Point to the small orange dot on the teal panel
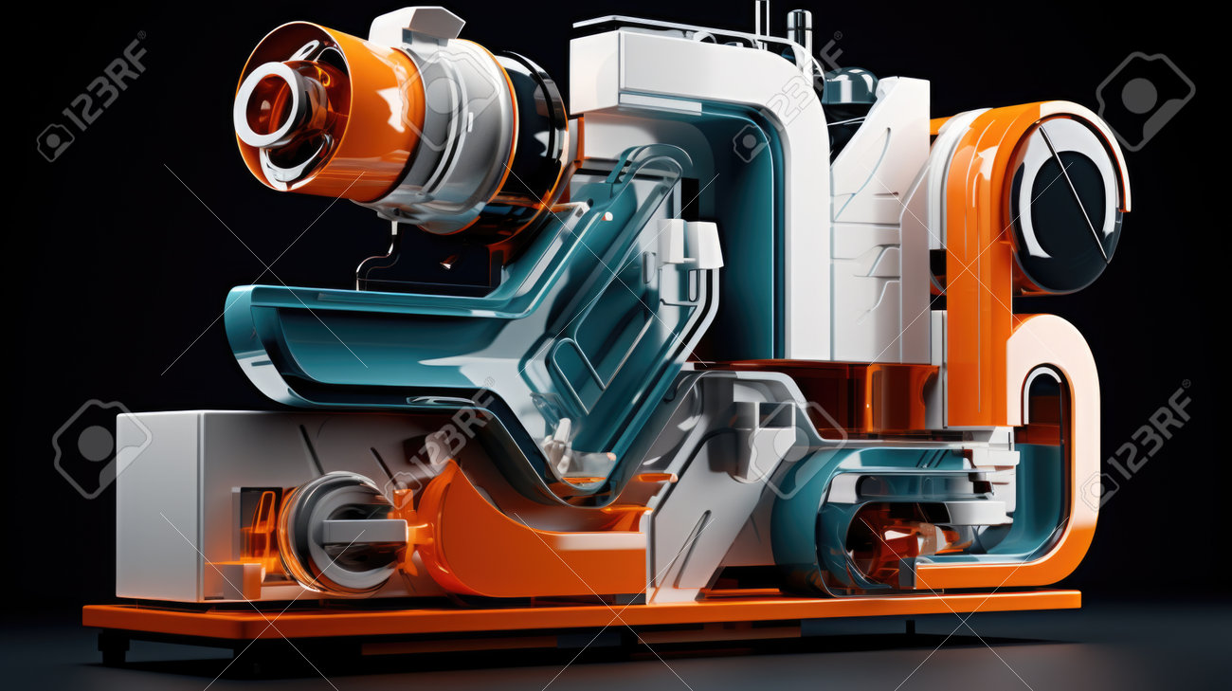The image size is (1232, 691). (607, 217)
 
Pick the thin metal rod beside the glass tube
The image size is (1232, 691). (762, 18)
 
